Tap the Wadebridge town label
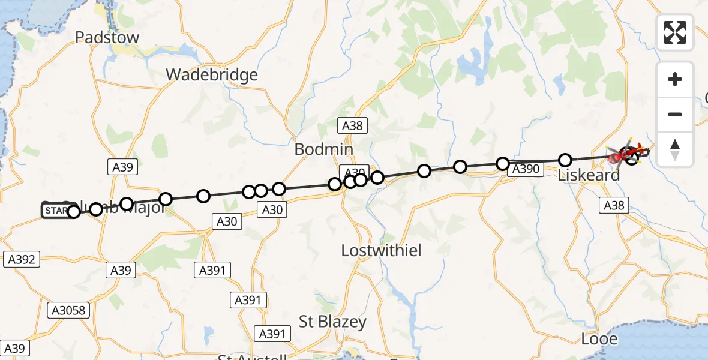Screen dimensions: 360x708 (212, 75)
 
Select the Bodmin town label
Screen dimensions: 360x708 (323, 149)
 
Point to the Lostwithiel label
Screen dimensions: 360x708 (381, 250)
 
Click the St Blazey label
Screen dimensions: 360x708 (333, 322)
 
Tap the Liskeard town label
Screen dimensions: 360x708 (589, 176)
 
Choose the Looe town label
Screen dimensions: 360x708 (599, 339)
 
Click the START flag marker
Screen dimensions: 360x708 (55, 211)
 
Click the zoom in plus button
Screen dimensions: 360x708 (675, 79)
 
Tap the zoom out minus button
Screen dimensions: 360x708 (675, 114)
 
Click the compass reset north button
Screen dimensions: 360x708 (675, 149)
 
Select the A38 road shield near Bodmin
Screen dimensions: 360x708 (353, 125)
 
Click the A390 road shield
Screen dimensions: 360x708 (525, 169)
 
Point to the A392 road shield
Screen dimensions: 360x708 (21, 260)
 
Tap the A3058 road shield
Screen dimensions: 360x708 (69, 310)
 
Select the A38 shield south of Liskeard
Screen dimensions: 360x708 (613, 206)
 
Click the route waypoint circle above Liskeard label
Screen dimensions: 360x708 (565, 160)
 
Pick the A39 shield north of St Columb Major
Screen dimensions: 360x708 (122, 167)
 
